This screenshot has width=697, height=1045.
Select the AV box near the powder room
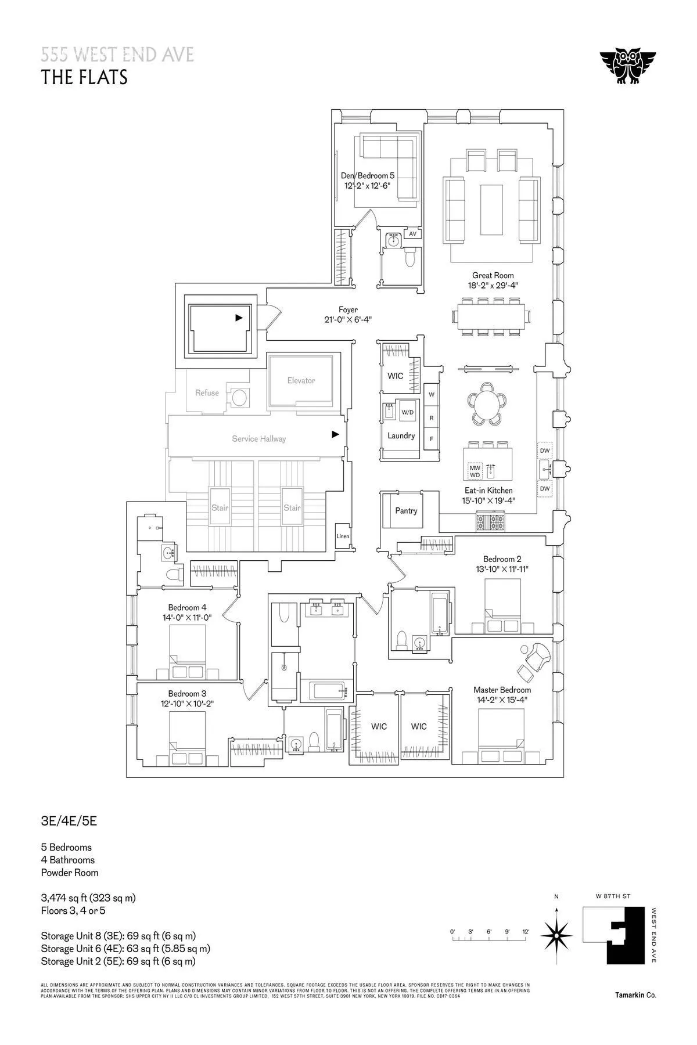click(x=413, y=233)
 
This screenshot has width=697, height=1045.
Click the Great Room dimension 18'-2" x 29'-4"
click(x=493, y=285)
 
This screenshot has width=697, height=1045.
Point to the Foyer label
click(x=348, y=310)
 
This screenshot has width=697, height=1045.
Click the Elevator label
click(x=301, y=380)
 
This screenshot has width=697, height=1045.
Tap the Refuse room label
click(x=207, y=393)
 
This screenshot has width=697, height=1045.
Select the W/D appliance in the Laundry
click(x=408, y=412)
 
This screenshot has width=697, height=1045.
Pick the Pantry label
click(x=406, y=510)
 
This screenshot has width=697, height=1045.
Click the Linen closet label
click(x=343, y=536)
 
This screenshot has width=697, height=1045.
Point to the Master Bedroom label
click(x=502, y=690)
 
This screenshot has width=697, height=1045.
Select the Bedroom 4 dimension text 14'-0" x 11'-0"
click(x=187, y=618)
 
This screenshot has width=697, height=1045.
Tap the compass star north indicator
click(x=556, y=935)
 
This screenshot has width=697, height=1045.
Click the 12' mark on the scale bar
click(x=526, y=932)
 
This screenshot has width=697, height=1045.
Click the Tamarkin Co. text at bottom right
click(x=635, y=995)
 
